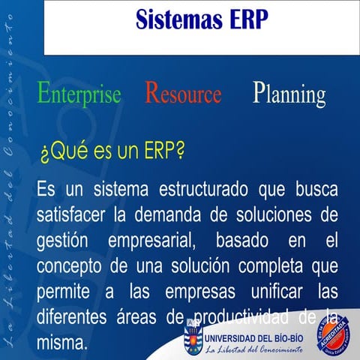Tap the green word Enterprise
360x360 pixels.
tap(79, 94)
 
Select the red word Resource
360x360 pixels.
tap(183, 94)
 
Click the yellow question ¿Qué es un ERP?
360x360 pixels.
tap(112, 153)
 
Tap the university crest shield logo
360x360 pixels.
tap(192, 336)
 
